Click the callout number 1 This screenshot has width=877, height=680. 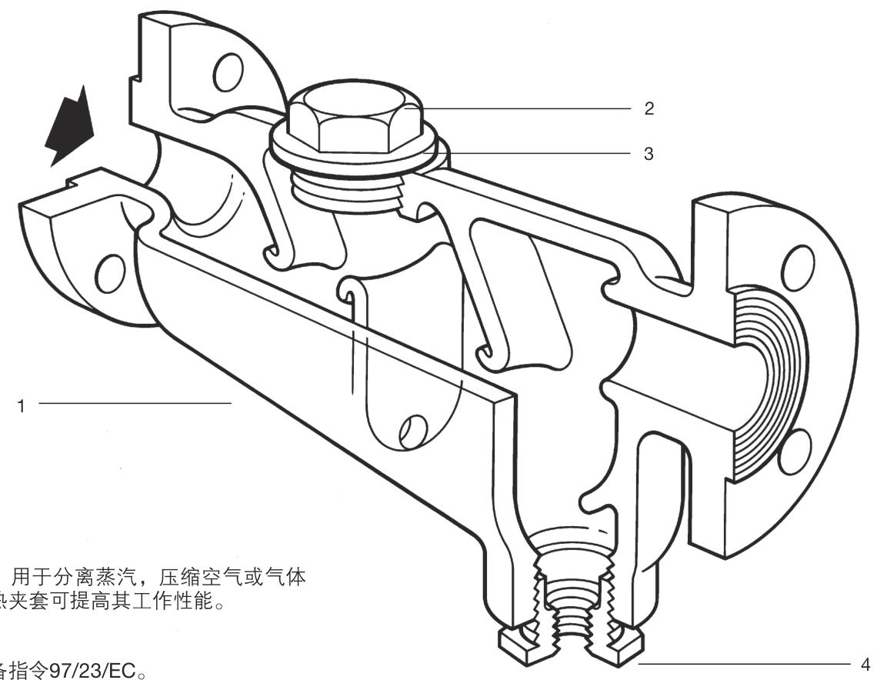(x=22, y=404)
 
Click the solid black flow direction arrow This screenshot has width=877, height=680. (x=70, y=128)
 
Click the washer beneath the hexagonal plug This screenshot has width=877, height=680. (x=358, y=158)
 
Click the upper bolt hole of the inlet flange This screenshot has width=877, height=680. (x=227, y=74)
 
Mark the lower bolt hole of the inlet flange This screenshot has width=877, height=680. (x=111, y=270)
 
